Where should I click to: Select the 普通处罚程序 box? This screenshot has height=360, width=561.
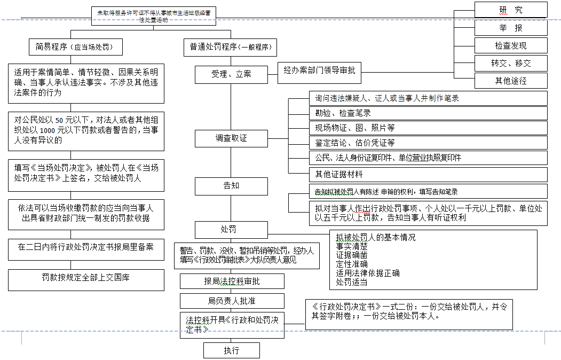click(x=230, y=46)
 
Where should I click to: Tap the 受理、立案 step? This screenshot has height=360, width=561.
click(x=231, y=74)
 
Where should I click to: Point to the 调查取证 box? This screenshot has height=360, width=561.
click(x=231, y=138)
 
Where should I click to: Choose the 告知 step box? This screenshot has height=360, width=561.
click(x=231, y=186)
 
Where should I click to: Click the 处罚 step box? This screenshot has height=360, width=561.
click(x=231, y=230)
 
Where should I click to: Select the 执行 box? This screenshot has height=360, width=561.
click(x=231, y=350)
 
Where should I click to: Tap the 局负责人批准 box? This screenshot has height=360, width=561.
click(x=232, y=301)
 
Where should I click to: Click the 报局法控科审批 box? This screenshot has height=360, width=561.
click(x=232, y=281)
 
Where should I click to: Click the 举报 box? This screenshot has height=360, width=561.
click(x=511, y=28)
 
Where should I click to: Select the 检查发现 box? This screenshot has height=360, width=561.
click(x=511, y=45)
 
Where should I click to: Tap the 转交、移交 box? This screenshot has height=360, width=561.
click(x=511, y=63)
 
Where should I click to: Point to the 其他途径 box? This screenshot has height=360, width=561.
click(x=511, y=81)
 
